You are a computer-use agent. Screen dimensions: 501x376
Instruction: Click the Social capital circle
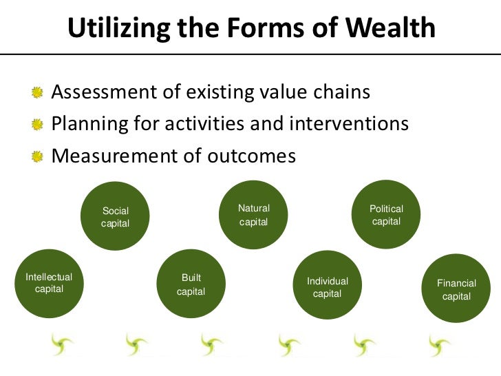tap(115, 216)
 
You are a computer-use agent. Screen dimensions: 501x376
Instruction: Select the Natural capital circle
tap(253, 215)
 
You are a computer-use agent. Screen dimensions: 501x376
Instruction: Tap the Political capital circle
tap(386, 215)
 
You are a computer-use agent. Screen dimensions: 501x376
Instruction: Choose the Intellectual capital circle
tap(48, 283)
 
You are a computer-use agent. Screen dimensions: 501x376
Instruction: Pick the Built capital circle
tap(191, 284)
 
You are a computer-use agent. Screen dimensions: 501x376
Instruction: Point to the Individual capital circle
tap(328, 287)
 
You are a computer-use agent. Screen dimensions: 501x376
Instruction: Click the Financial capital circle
tap(456, 289)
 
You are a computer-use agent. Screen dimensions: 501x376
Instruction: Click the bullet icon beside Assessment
tap(36, 92)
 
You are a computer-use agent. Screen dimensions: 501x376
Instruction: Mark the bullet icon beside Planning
tap(36, 125)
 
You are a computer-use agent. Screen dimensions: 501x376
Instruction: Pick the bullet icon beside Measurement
tap(36, 157)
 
